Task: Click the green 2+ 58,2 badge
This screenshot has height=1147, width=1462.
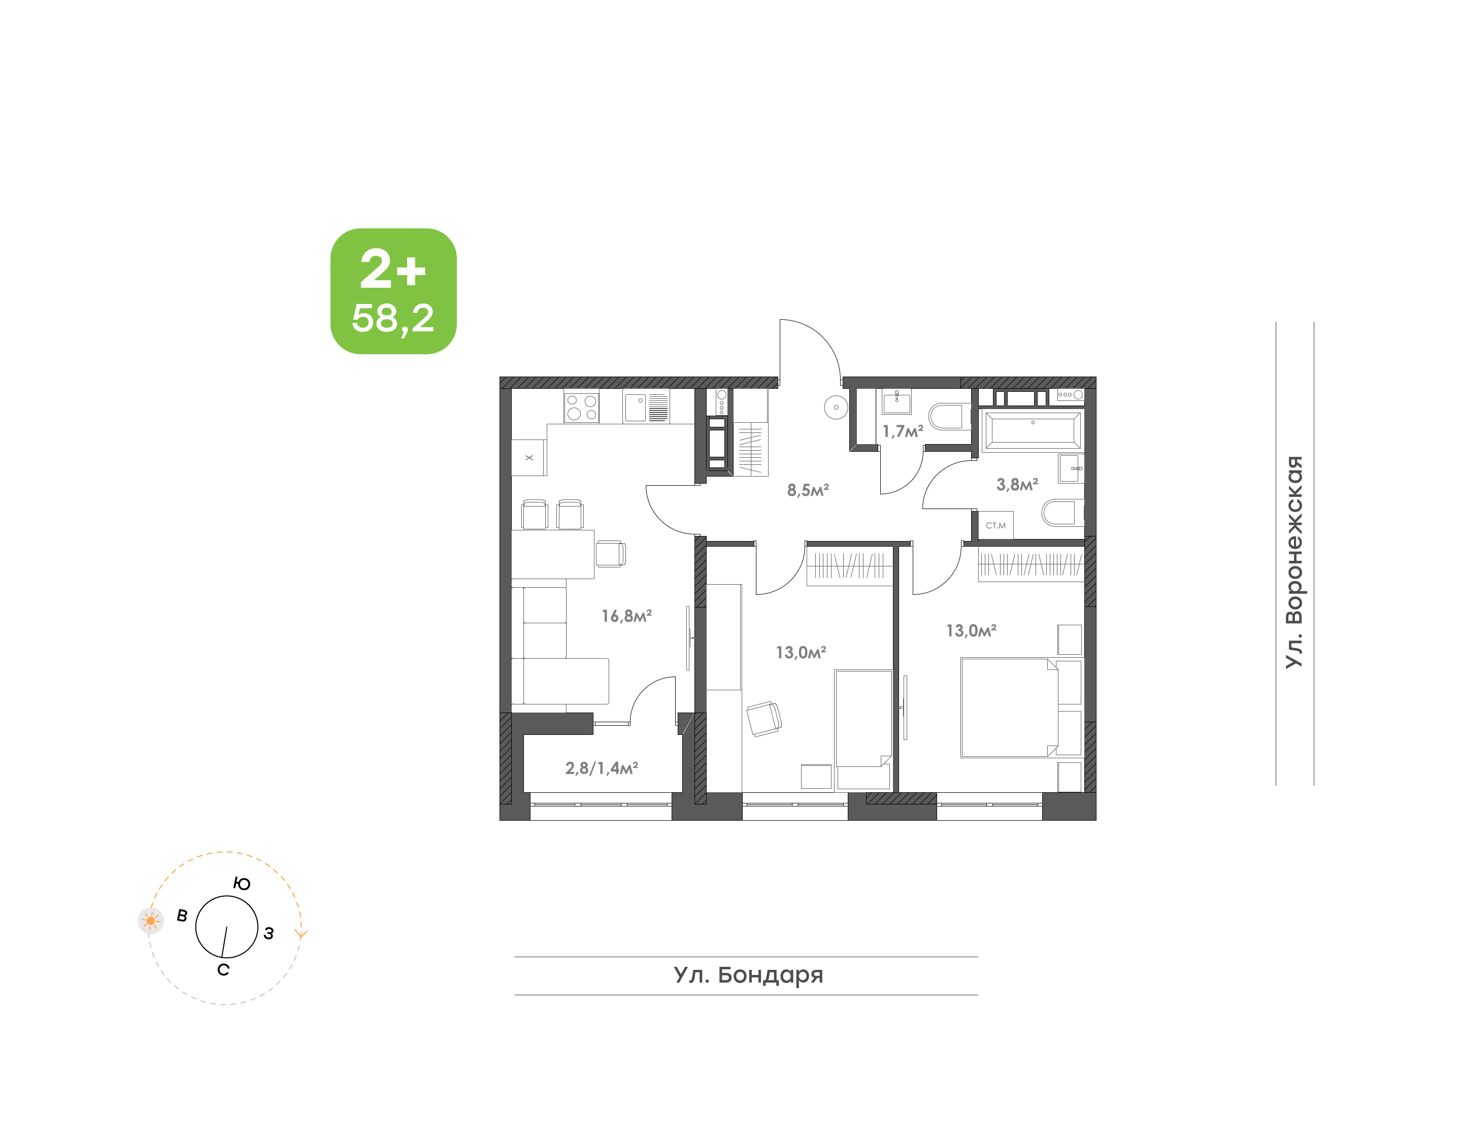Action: coord(393,291)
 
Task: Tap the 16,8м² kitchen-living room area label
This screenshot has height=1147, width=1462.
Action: coord(626,616)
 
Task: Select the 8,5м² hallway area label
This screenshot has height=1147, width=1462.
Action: coord(808,490)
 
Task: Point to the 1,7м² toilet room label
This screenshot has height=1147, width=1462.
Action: coord(902,431)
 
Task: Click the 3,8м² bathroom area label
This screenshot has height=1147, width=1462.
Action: coord(1017,484)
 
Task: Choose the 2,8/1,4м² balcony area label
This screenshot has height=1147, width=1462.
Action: coord(601,767)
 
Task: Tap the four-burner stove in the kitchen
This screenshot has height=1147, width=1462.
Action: coord(581,407)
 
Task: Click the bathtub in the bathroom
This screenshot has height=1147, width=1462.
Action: coord(1032,430)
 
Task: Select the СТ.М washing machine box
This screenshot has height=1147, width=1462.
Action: coord(996,525)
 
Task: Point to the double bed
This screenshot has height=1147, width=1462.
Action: coord(1009,708)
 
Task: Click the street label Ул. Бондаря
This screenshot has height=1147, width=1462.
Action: coord(748,975)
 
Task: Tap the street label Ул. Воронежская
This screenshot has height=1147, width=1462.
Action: coord(1293,561)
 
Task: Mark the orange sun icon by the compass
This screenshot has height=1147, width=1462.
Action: coord(150,921)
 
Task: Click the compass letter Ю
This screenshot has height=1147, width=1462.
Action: coord(242,884)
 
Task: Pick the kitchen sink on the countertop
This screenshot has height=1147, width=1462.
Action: coord(635,407)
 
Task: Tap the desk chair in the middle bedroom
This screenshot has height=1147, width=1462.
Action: coord(763,719)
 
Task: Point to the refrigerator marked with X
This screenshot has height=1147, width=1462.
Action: coord(528,457)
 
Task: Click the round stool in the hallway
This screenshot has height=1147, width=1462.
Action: coord(836,407)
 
